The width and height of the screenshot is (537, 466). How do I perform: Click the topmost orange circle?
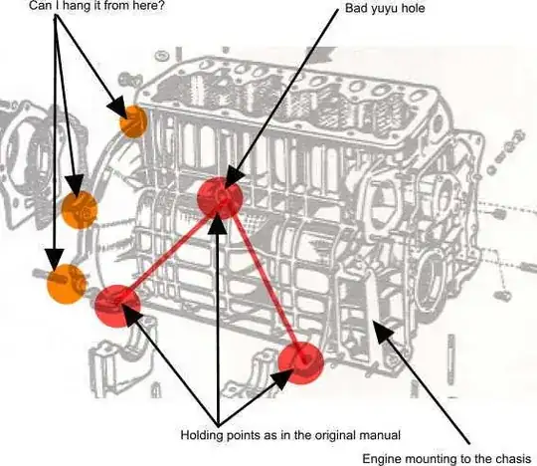[x=133, y=121]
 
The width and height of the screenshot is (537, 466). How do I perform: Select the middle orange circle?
[x=80, y=210]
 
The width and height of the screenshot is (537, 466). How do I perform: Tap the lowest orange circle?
[x=67, y=284]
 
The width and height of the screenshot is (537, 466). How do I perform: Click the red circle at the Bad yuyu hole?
[x=220, y=198]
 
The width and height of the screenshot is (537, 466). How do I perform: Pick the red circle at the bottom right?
[x=300, y=362]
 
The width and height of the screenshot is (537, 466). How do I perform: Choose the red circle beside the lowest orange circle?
[x=117, y=306]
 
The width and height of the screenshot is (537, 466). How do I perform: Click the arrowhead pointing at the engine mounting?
[x=383, y=332]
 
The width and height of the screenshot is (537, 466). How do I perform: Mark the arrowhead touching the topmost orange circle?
[x=117, y=108]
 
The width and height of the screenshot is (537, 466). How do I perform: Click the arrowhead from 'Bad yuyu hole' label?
[x=234, y=177]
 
